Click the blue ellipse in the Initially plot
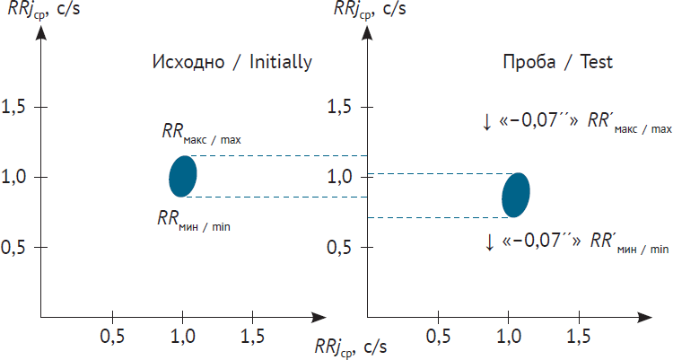(x=182, y=176)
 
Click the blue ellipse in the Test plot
(x=515, y=194)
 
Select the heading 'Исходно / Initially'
(x=232, y=63)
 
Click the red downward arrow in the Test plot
(x=486, y=122)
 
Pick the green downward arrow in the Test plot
(x=489, y=241)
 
